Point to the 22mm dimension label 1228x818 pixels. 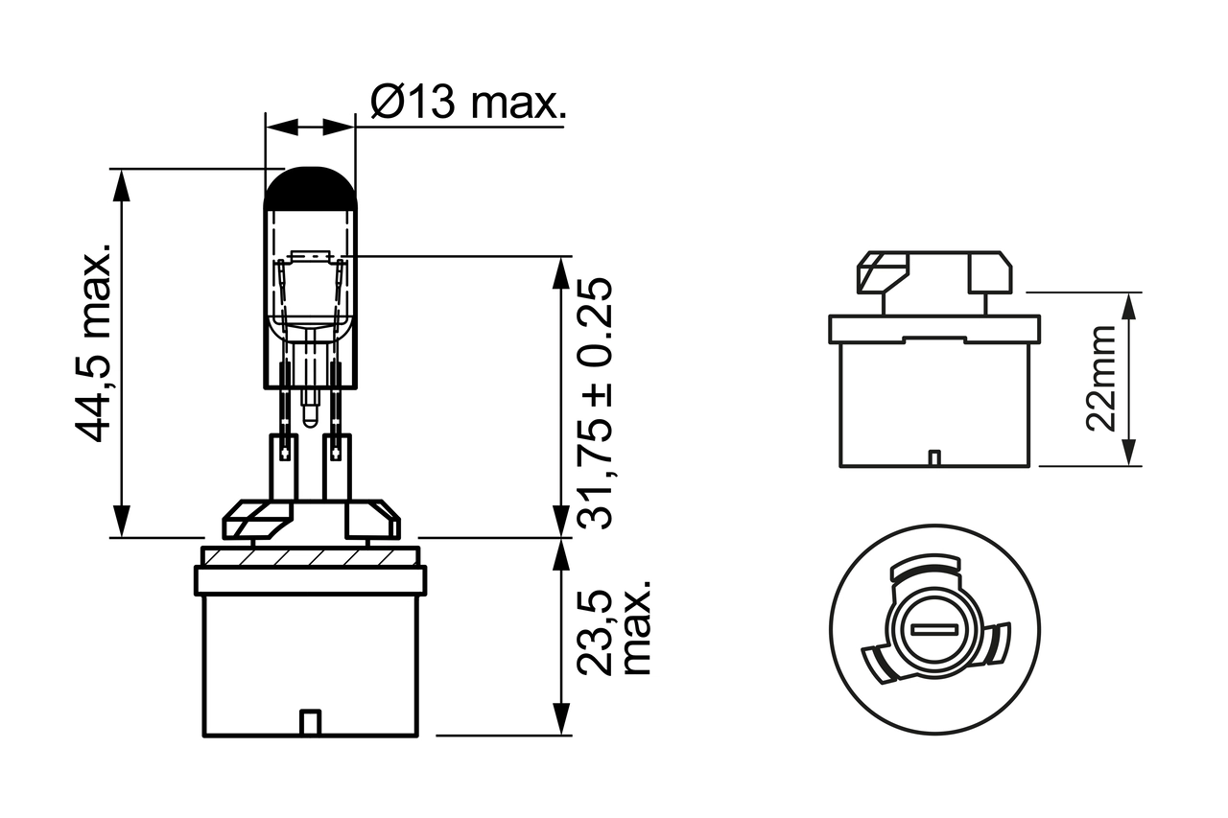(x=1102, y=379)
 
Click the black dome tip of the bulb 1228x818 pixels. (x=310, y=188)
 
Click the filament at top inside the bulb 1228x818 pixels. (x=310, y=257)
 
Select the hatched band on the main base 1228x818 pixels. (x=310, y=556)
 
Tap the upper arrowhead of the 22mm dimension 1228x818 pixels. (x=1130, y=304)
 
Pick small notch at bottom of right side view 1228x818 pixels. (x=933, y=457)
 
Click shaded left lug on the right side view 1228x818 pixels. (x=881, y=272)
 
